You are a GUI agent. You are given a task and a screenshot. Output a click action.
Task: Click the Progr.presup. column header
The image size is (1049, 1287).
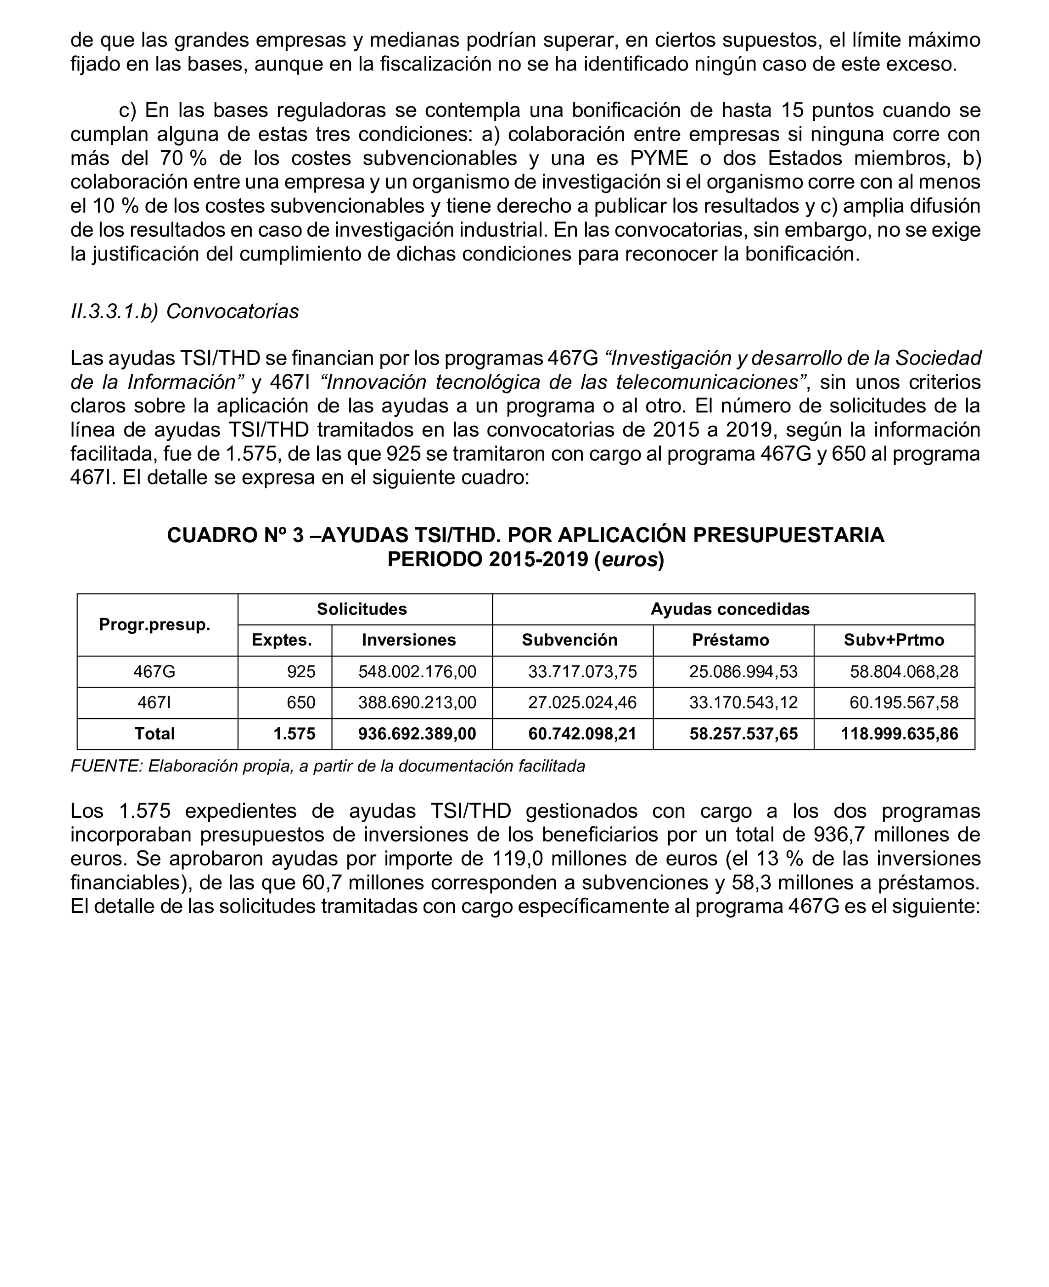coord(155,625)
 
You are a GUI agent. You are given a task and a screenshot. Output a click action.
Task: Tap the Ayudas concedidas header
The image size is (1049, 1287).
coord(729,609)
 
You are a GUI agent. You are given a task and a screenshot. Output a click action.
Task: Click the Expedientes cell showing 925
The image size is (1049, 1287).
coord(301,671)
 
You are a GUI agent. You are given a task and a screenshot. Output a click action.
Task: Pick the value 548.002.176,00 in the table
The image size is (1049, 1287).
coord(417,671)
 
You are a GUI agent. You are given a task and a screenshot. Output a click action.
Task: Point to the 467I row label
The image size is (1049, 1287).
coord(155,702)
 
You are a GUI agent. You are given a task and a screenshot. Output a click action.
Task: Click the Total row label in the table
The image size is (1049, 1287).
coord(155,734)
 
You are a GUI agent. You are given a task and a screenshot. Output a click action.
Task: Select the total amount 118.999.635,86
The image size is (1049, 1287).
coord(899,734)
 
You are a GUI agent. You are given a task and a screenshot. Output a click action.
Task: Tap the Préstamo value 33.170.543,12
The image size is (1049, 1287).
coord(743,702)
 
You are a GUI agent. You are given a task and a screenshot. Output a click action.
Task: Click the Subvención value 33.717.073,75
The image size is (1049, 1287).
coord(583,671)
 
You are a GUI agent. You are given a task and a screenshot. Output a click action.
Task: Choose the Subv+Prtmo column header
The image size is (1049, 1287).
coord(894,640)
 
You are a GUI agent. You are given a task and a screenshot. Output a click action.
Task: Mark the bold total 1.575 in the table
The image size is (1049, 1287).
coord(294,734)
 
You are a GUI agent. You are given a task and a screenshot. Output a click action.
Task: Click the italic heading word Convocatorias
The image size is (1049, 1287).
coord(232,312)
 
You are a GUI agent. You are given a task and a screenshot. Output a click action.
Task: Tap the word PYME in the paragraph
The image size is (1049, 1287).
coord(659,158)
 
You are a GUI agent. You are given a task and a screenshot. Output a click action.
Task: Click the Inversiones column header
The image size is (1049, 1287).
coord(409,640)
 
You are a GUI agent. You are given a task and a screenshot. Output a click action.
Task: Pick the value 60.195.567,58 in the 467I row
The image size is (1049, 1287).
coord(904,702)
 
